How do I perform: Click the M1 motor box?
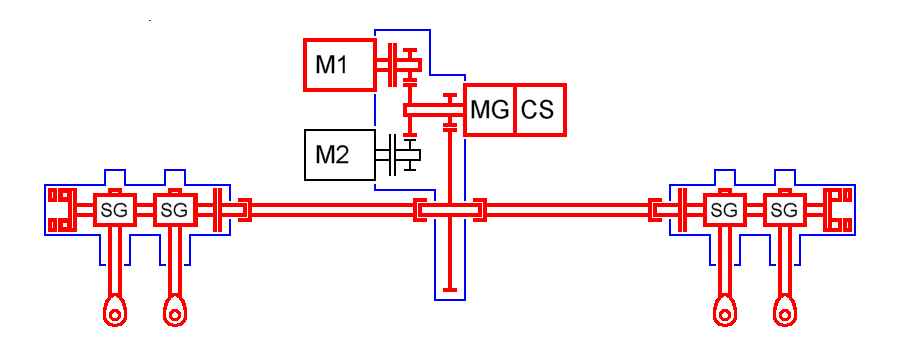click(x=338, y=65)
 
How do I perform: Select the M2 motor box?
click(x=338, y=155)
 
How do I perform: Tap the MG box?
click(x=489, y=110)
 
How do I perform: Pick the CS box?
click(x=540, y=110)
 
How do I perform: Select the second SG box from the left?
click(x=174, y=210)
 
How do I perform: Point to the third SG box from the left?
click(x=726, y=210)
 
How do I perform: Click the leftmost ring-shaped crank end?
click(x=115, y=313)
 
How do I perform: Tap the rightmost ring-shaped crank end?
click(x=786, y=313)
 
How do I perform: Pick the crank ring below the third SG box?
click(x=726, y=313)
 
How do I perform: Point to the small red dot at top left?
click(x=150, y=20)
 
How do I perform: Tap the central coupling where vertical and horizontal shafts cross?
click(x=451, y=210)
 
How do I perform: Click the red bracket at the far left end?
click(x=60, y=210)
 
